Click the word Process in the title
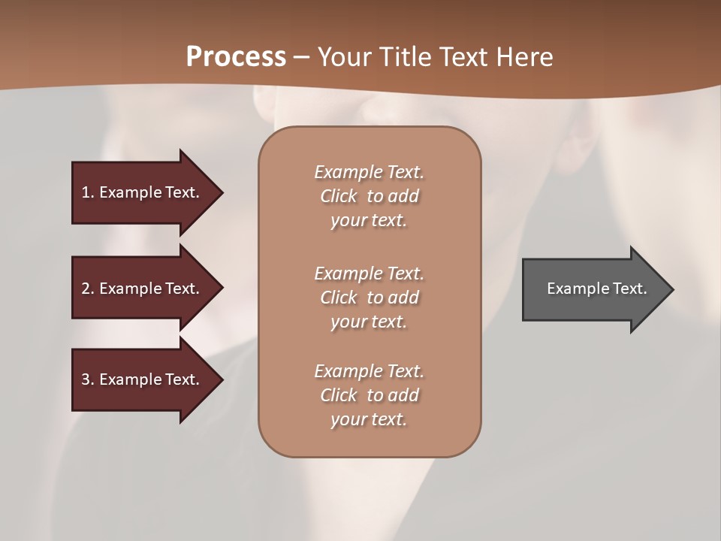pos(236,56)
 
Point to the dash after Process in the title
pos(301,57)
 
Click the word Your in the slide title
pos(342,56)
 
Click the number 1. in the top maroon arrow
pos(88,192)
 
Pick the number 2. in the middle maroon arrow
pos(88,289)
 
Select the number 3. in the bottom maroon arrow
pos(88,379)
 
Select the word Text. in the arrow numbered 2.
pos(181,289)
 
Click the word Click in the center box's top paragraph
pos(338,196)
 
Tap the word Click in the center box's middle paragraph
pos(338,298)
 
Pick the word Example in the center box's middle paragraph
pos(348,274)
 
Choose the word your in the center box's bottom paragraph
pos(348,419)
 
